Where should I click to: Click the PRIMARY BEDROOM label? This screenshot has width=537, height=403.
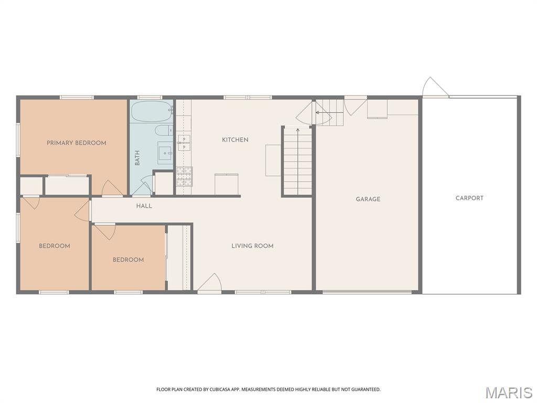[x=77, y=143]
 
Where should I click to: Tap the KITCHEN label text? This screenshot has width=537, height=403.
[x=235, y=140]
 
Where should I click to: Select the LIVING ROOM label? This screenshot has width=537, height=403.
[x=252, y=246]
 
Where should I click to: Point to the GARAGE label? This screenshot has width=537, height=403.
[x=368, y=199]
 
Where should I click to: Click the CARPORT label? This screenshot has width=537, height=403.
[x=469, y=198]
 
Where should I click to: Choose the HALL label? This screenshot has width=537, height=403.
[x=144, y=206]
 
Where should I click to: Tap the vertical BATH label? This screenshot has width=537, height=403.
[x=137, y=157]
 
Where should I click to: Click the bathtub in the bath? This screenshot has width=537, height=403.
[x=152, y=111]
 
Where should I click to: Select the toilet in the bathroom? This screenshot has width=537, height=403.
[x=164, y=130]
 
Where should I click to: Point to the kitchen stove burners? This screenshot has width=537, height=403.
[x=184, y=176]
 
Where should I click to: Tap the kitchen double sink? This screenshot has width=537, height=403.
[x=184, y=143]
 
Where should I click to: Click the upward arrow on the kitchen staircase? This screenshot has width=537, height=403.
[x=298, y=161]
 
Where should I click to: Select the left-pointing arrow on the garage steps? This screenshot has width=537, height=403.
[x=329, y=112]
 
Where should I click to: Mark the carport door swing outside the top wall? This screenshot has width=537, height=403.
[x=435, y=87]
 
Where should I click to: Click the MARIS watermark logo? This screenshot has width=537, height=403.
[x=509, y=393]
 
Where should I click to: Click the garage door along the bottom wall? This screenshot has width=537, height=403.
[x=367, y=292]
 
